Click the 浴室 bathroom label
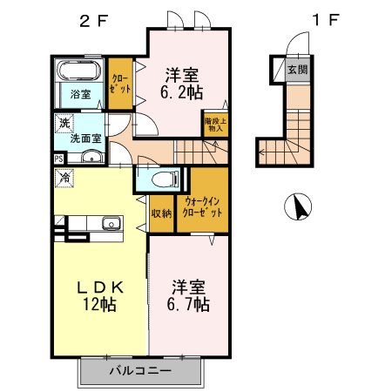pyautogui.click(x=79, y=94)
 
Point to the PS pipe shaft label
pyautogui.click(x=58, y=159)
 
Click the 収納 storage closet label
pyautogui.click(x=161, y=211)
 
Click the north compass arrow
pyautogui.click(x=300, y=208)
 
